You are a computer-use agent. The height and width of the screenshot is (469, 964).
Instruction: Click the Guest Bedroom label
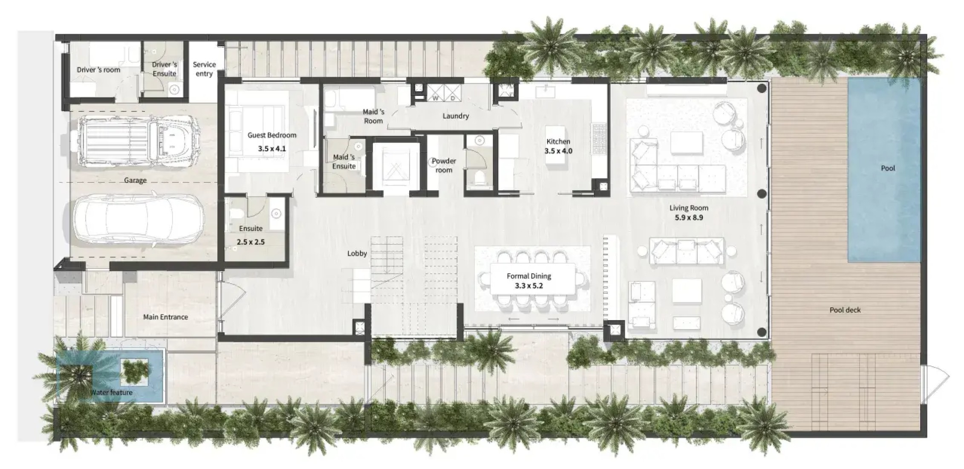coord(272,135)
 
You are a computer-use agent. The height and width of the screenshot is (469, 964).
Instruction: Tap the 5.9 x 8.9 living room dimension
coord(689,217)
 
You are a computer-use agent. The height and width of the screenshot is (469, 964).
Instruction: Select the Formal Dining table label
coord(529,276)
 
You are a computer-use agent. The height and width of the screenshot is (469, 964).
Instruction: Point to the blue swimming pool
coord(884,169)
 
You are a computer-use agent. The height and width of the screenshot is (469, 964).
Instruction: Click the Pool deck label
coord(845,310)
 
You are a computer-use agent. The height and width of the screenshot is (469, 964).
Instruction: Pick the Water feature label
coord(111,392)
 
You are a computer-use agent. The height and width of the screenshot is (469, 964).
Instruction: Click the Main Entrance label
coord(165,317)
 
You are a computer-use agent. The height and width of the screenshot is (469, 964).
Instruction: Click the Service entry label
coord(204,69)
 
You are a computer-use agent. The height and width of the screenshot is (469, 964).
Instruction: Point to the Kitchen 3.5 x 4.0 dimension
coord(558,151)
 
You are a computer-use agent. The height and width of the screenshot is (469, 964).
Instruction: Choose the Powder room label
coord(444,165)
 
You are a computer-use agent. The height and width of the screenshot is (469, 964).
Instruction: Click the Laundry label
coord(456,116)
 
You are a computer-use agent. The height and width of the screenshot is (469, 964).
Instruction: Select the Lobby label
coord(357,253)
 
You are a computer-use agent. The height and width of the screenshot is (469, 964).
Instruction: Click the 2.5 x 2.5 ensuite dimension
coord(251,242)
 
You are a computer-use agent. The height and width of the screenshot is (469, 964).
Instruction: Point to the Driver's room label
coord(98,70)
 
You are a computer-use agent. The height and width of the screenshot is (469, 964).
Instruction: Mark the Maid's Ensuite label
coord(344,162)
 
